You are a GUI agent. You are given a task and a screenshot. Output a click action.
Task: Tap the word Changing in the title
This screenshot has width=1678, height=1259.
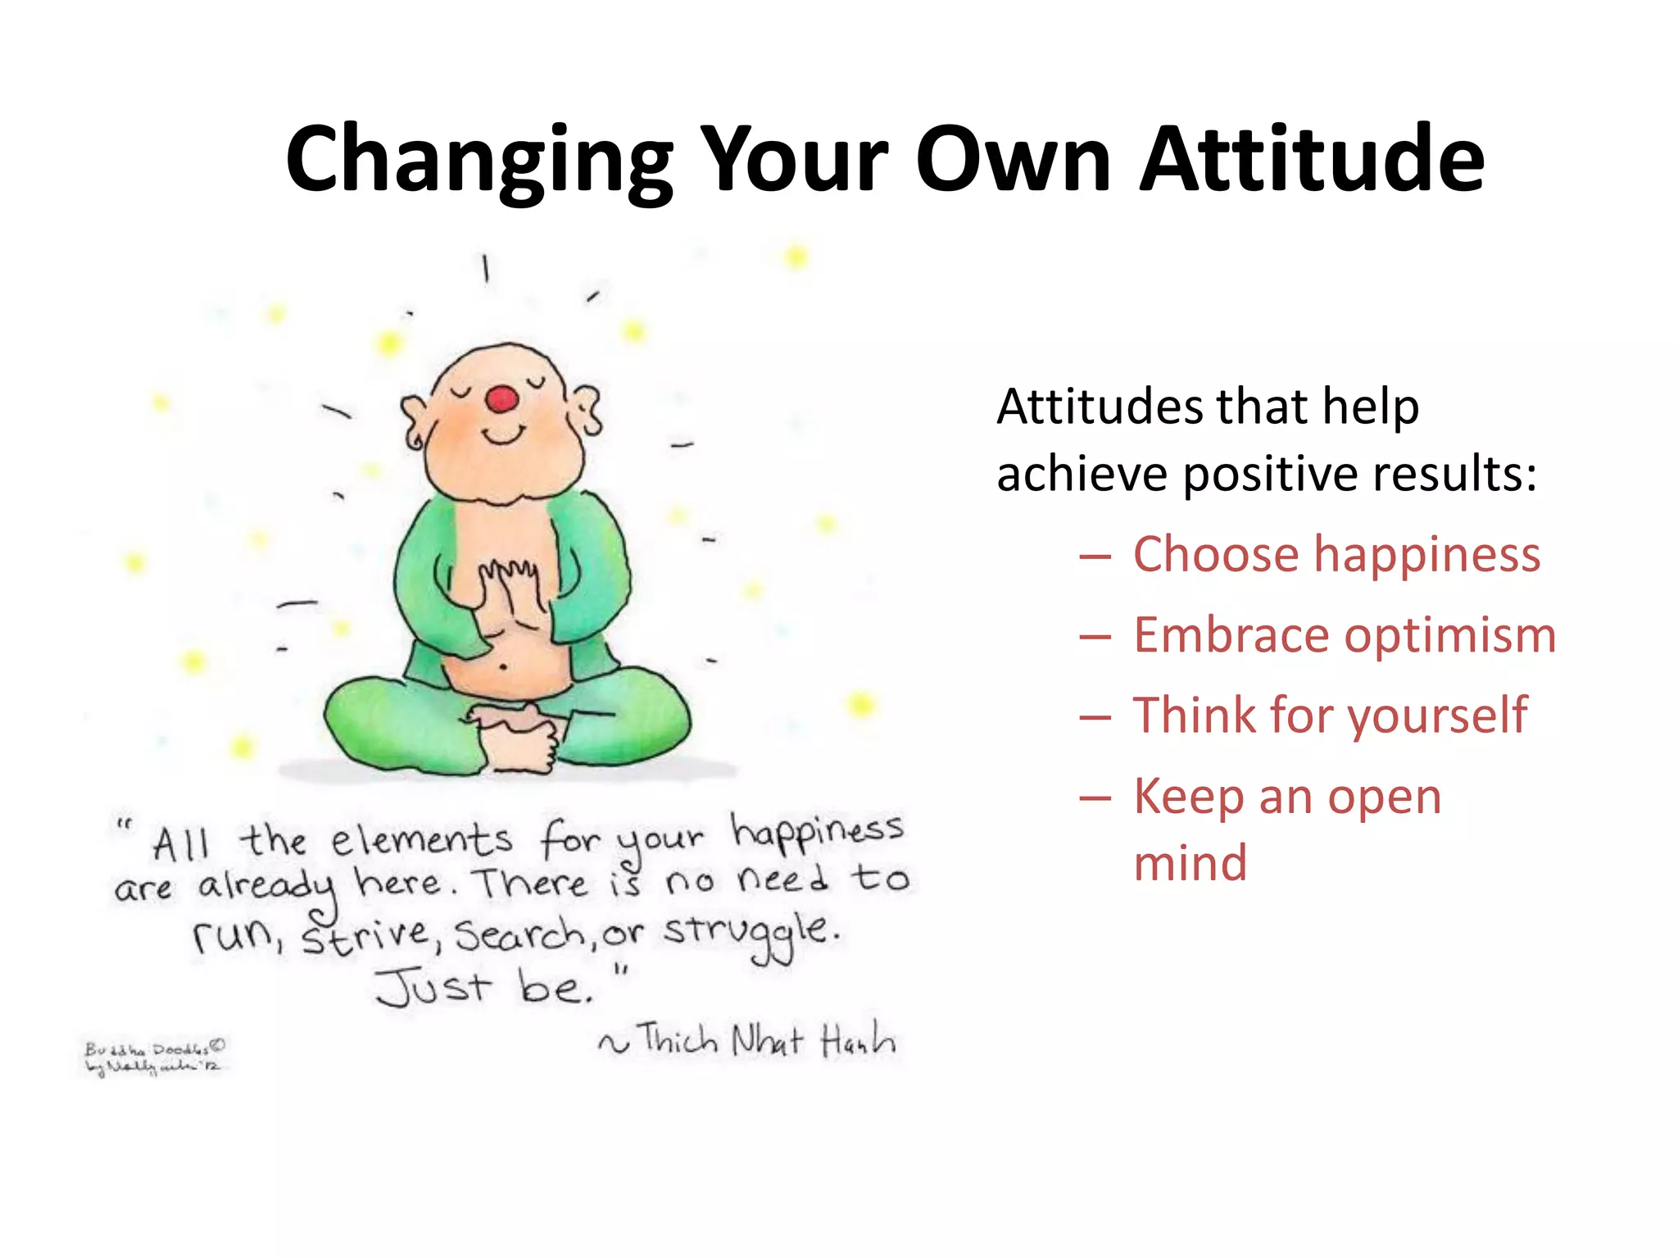[x=479, y=160]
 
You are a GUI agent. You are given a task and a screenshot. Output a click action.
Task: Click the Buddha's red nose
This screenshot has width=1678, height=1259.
[x=501, y=399]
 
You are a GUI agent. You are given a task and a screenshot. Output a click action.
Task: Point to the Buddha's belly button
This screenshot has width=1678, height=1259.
[x=502, y=667]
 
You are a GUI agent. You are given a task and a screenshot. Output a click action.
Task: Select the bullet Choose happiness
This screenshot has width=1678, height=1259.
[x=1336, y=555]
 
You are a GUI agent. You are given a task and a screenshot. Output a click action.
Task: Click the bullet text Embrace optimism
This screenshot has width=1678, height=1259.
[x=1344, y=635]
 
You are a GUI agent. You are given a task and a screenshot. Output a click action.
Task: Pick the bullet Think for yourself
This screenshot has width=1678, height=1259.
[x=1329, y=716]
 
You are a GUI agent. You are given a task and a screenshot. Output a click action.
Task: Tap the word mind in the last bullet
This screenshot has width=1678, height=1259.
[x=1190, y=863]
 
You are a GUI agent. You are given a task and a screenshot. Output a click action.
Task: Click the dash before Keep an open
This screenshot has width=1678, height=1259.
[x=1095, y=798]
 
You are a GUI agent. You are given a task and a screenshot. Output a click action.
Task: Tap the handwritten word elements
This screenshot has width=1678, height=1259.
[x=421, y=841]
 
